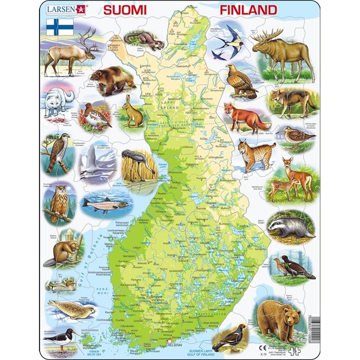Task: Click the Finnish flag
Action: pyautogui.click(x=59, y=26)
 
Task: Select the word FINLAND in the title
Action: pyautogui.click(x=248, y=10)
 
